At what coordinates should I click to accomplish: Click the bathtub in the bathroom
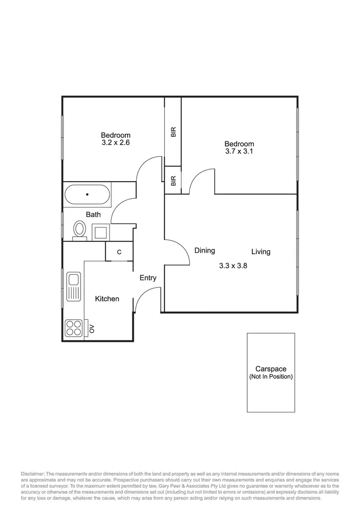[87, 194]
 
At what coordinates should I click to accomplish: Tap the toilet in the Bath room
[79, 229]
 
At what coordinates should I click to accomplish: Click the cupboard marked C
[119, 252]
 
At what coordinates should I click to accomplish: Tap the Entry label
[148, 278]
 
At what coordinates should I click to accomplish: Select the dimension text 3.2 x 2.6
[116, 143]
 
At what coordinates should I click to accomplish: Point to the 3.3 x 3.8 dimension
[232, 265]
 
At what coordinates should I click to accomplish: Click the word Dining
[204, 251]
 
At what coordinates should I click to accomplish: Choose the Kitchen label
[107, 299]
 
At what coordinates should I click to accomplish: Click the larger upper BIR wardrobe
[173, 131]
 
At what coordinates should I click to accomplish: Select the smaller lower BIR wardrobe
[173, 180]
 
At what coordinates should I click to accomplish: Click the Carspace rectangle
[271, 372]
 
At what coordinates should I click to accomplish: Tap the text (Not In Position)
[271, 377]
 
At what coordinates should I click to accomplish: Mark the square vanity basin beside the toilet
[100, 232]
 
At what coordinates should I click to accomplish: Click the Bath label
[93, 215]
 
